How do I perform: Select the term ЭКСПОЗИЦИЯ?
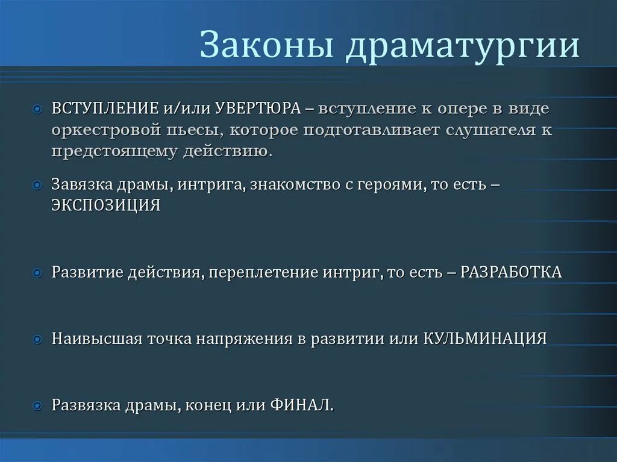[x=106, y=205]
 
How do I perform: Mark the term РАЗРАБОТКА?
[x=511, y=272]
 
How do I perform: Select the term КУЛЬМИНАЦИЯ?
[x=485, y=338]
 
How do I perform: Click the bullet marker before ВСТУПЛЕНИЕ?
[x=38, y=110]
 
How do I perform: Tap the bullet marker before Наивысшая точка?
[x=38, y=339]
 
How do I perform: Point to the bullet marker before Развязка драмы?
[x=38, y=405]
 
